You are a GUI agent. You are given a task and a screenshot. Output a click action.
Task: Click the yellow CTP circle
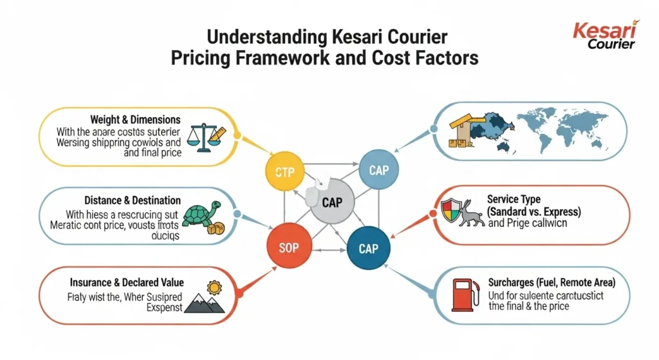(x=284, y=172)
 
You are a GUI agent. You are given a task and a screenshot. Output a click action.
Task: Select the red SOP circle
(x=289, y=247)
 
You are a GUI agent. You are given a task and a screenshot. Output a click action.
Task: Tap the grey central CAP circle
(x=331, y=202)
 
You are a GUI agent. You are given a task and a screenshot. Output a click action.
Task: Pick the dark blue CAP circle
(x=367, y=247)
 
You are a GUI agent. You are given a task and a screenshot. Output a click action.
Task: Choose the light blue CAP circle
(x=379, y=170)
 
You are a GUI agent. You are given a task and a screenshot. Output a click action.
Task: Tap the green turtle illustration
(x=204, y=217)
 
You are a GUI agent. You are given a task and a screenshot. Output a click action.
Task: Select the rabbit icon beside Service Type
(x=471, y=213)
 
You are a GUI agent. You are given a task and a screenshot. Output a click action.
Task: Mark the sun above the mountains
(x=214, y=287)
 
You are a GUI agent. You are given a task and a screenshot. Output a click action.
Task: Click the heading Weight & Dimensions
(x=135, y=120)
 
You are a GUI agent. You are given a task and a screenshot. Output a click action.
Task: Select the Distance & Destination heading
(x=133, y=200)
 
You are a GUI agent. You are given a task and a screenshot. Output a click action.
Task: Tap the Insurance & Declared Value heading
(x=127, y=283)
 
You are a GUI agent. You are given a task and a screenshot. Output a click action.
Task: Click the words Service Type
(x=514, y=200)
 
